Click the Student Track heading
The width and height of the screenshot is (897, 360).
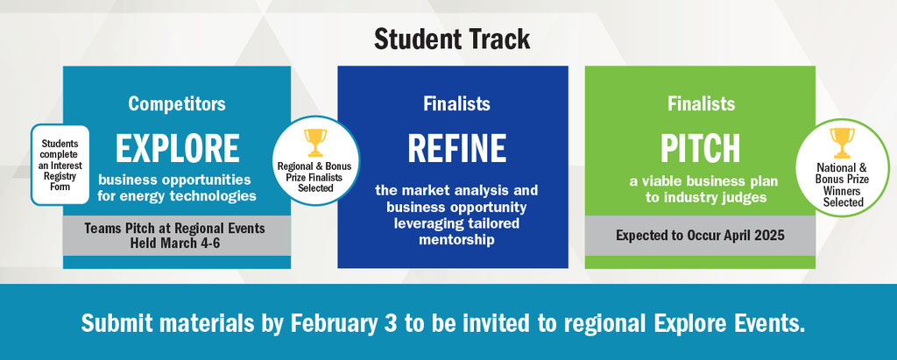(452, 39)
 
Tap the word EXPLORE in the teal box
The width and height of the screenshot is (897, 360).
(177, 148)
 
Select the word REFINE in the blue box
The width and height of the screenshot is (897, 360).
(456, 148)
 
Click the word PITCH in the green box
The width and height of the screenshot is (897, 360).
(700, 148)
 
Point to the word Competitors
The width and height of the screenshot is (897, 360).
(177, 103)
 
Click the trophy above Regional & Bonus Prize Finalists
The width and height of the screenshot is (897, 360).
(314, 142)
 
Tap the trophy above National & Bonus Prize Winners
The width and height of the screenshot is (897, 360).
(842, 143)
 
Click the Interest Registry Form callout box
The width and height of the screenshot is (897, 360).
(60, 165)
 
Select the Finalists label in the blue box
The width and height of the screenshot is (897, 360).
(456, 103)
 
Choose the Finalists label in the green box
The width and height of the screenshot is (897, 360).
(701, 103)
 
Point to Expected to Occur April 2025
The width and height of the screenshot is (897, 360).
(700, 236)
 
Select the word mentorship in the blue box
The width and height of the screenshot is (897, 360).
(456, 238)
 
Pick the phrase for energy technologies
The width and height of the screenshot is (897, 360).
(177, 196)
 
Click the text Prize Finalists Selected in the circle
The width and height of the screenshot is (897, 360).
(315, 182)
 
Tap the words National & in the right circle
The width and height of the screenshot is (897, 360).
(841, 167)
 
